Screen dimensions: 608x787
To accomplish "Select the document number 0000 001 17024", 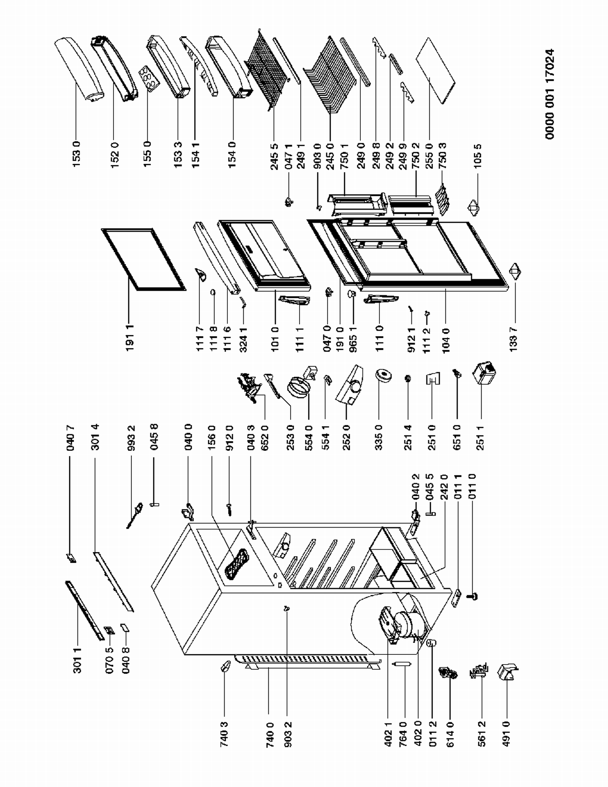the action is pos(550,94).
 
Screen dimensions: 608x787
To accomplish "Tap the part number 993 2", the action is pos(132,437).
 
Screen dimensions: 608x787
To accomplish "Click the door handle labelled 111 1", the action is pos(295,300).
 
